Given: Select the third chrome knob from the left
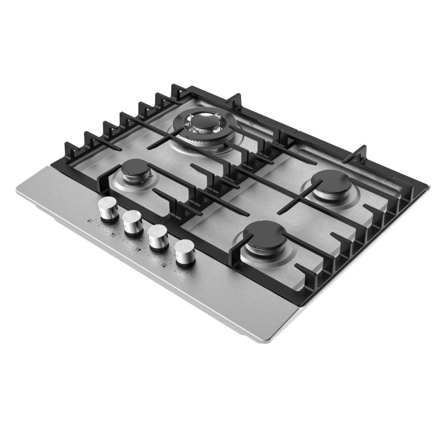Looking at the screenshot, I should click(158, 236).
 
